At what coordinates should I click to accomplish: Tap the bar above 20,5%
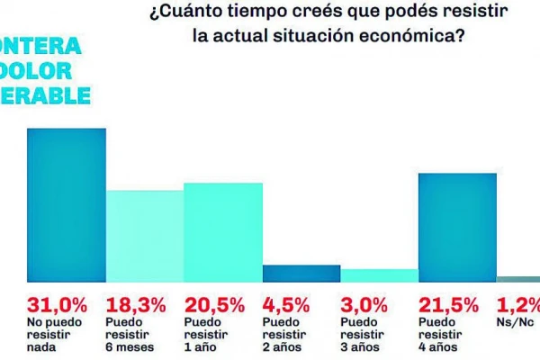[223, 232]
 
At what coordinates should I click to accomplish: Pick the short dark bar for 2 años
[301, 273]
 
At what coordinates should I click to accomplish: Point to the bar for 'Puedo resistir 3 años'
[379, 275]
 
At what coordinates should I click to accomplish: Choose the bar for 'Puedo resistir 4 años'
[457, 227]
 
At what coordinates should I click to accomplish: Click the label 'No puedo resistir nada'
[49, 333]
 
